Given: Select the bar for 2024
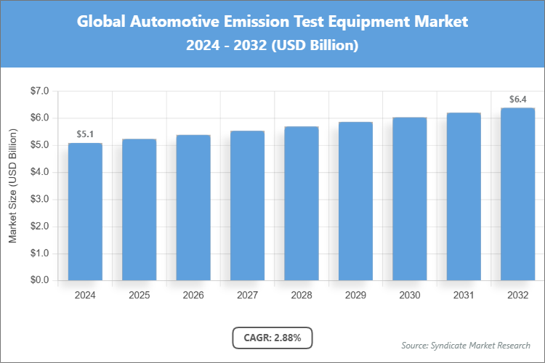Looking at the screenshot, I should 85,211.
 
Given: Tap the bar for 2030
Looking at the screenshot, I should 410,199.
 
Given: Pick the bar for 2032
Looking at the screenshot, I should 518,194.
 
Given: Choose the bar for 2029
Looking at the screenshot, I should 355,201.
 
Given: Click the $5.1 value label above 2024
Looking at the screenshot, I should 85,134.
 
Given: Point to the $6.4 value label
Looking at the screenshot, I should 518,99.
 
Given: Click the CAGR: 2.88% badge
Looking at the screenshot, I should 272,338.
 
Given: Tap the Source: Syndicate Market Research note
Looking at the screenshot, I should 466,344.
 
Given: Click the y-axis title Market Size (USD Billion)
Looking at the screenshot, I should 12,186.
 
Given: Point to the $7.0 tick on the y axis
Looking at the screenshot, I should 39,91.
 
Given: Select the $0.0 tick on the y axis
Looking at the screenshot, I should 39,280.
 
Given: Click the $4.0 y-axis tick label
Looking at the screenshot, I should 39,172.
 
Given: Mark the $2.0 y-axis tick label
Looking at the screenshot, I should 39,227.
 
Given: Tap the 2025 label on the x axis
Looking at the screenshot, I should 139,295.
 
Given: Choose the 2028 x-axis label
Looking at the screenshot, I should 302,295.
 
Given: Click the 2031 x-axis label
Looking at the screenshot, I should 464,295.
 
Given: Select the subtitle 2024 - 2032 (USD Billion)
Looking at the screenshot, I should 272,45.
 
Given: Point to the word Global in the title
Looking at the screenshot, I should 102,22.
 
